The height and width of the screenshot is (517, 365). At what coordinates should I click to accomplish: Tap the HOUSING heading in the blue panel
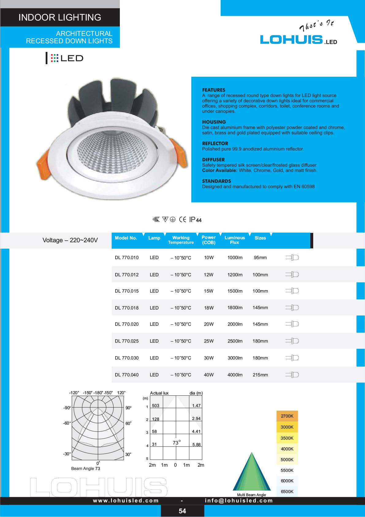[214, 122]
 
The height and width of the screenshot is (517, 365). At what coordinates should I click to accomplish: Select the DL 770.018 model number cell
[127, 308]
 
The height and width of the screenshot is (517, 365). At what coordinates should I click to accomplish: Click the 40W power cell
[209, 375]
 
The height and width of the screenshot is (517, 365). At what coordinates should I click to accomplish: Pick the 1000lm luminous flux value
[235, 258]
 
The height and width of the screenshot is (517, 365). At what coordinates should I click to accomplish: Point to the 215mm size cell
[260, 375]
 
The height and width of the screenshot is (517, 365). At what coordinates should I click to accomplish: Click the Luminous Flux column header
[234, 240]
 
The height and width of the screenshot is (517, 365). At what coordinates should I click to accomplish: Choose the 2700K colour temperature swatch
[287, 416]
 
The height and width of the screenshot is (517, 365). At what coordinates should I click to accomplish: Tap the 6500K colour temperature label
[287, 492]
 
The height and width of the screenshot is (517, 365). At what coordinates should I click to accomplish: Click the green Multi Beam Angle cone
[252, 473]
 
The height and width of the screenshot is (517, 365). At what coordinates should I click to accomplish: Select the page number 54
[182, 511]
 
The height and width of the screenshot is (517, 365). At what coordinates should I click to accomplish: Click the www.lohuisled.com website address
[126, 500]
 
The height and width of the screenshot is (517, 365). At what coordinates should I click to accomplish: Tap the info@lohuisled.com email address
[239, 500]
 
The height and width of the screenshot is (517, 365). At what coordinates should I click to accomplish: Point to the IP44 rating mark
[195, 220]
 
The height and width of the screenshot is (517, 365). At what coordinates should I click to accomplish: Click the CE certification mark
[182, 219]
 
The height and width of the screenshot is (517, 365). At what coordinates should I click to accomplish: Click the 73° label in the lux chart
[177, 442]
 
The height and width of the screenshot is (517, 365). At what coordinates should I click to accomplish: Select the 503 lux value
[156, 406]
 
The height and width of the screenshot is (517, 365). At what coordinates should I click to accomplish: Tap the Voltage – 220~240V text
[70, 240]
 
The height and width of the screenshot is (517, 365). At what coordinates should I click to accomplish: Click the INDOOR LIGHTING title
[60, 17]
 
